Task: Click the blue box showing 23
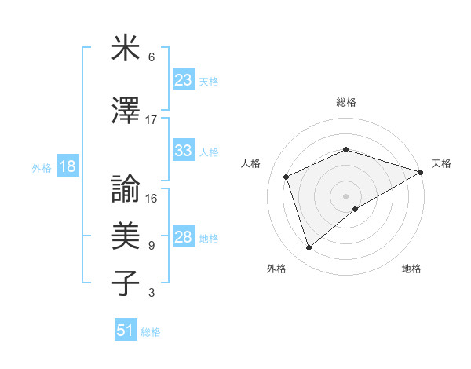(184, 80)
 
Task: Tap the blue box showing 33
(184, 151)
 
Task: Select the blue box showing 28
(184, 237)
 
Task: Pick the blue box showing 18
(67, 166)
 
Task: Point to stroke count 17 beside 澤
(152, 120)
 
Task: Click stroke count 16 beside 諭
(152, 199)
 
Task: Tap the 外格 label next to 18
(42, 167)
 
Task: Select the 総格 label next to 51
(151, 331)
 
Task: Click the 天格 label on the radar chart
(441, 163)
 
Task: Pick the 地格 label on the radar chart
(411, 269)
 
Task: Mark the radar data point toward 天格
(421, 171)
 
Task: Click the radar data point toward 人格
(287, 177)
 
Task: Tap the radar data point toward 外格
(309, 248)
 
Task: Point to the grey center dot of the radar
(346, 195)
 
